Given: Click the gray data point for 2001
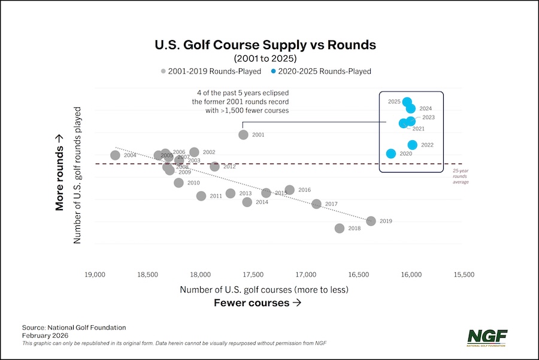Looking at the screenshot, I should tap(243, 135).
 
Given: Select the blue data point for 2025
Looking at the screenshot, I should tap(407, 102).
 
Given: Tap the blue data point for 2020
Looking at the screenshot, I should tap(391, 154).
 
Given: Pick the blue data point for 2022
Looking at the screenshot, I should tap(413, 145).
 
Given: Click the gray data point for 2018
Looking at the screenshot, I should tap(340, 228).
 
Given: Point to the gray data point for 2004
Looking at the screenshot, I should tap(116, 155).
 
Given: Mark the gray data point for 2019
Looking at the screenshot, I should tap(371, 221).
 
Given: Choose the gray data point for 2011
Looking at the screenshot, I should tap(201, 196).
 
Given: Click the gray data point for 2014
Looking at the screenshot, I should tap(247, 202).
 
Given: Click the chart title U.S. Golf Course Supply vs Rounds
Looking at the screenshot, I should tap(265, 45).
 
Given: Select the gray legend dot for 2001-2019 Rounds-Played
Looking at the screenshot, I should tap(163, 71).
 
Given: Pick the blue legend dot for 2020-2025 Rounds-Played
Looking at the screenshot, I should tap(274, 71).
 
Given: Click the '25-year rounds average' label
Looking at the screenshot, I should tap(461, 176).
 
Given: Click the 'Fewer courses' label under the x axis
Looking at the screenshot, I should tap(258, 303).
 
